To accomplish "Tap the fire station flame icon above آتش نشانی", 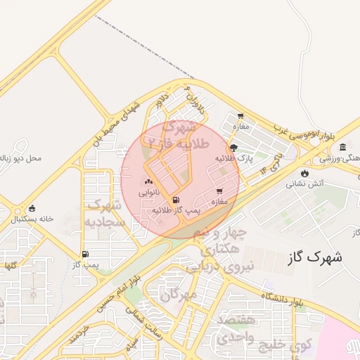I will [304, 174].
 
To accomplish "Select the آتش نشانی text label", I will [304, 185].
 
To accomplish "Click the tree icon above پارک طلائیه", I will [233, 148].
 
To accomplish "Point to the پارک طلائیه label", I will [233, 158].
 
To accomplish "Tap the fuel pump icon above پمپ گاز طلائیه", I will [174, 200].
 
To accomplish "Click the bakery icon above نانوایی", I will [148, 181].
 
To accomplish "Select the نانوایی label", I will [148, 192].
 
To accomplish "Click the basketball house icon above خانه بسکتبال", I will [32, 209].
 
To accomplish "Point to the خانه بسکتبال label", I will [32, 219].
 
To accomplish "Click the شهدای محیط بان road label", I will [117, 122].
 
